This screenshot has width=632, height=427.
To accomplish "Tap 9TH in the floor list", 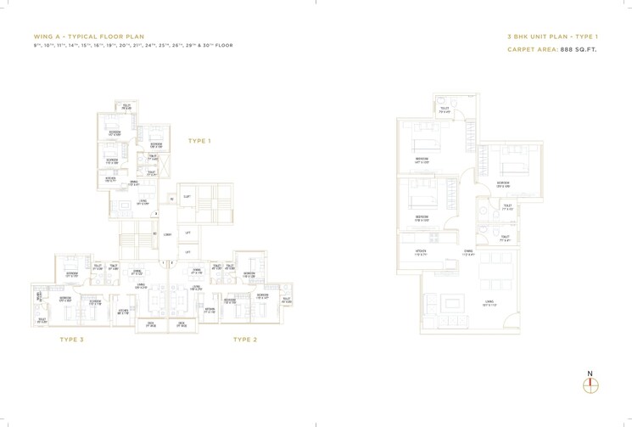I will pos(36,45).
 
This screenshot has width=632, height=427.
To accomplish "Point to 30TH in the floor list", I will pos(210,45).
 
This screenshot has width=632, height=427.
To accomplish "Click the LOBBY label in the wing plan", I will pos(168,233).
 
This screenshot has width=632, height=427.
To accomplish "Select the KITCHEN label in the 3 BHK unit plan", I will pos(421,251).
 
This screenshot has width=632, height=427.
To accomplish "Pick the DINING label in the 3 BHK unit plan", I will pos(468,251).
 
